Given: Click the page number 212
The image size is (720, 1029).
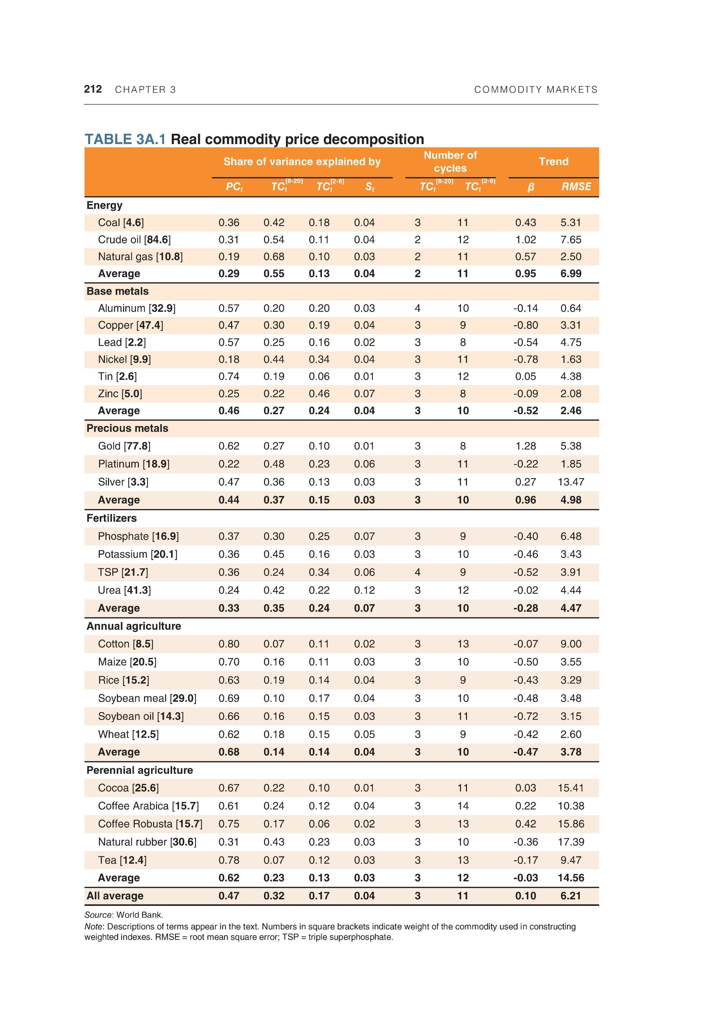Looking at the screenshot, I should click(93, 89).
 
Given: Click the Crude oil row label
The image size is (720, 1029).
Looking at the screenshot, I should click(134, 240).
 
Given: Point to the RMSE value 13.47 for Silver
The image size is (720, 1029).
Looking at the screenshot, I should click(571, 482).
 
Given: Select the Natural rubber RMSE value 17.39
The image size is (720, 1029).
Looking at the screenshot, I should click(571, 842).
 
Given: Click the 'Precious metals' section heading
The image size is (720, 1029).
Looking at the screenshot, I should click(127, 428).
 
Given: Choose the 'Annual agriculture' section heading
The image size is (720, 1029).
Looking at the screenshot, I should click(133, 626).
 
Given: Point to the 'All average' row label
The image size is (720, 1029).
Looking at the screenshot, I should click(115, 896).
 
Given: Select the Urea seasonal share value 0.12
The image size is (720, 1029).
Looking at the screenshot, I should click(364, 590).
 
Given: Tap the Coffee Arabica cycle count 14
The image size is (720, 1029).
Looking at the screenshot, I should click(463, 806).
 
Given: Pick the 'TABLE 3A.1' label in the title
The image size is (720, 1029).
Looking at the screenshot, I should click(125, 139).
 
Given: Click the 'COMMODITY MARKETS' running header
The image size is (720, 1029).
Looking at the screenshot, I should click(536, 90).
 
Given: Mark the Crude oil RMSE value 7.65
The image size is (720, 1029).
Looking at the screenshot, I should click(571, 240).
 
